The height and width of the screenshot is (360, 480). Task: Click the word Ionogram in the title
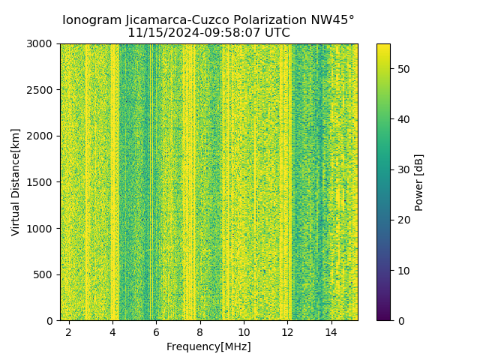pyautogui.click(x=91, y=20)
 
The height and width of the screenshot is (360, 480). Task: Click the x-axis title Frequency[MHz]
pyautogui.click(x=208, y=346)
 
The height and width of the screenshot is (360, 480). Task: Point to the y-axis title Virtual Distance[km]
pyautogui.click(x=16, y=181)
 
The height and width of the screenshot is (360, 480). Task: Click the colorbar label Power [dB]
pyautogui.click(x=419, y=182)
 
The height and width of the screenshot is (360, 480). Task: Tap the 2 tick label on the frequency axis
pyautogui.click(x=69, y=331)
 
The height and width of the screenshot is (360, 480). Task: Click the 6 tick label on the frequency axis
pyautogui.click(x=156, y=331)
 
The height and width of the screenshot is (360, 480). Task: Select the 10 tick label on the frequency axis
pyautogui.click(x=244, y=331)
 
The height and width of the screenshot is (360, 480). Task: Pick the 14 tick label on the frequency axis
pyautogui.click(x=331, y=331)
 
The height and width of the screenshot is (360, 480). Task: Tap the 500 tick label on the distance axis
pyautogui.click(x=43, y=274)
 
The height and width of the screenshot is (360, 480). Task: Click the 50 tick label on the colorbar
pyautogui.click(x=401, y=69)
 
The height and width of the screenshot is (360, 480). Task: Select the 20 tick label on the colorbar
pyautogui.click(x=401, y=220)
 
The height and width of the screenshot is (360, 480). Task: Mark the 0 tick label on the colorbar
pyautogui.click(x=399, y=320)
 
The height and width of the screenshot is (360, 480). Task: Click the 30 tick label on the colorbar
pyautogui.click(x=401, y=169)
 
